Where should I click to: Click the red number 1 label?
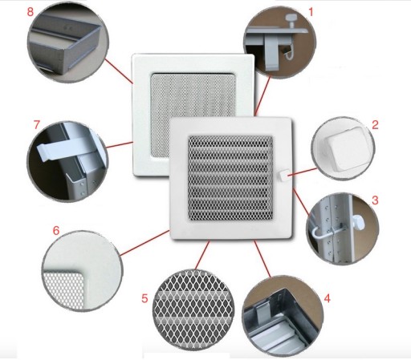click(x=311, y=12)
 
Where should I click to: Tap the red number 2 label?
click(x=375, y=125)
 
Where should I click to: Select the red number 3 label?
click(x=375, y=200)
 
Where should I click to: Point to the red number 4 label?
click(x=327, y=298)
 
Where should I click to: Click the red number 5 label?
click(x=144, y=298)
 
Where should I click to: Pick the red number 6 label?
click(x=56, y=230)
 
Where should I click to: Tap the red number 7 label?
click(x=37, y=124)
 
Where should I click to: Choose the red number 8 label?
click(x=31, y=12)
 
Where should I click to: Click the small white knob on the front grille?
click(x=283, y=175)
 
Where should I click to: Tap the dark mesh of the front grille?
click(x=230, y=179)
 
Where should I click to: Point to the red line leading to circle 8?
click(x=119, y=71)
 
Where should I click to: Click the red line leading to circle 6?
click(x=144, y=243)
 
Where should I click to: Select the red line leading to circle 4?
click(x=262, y=258)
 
